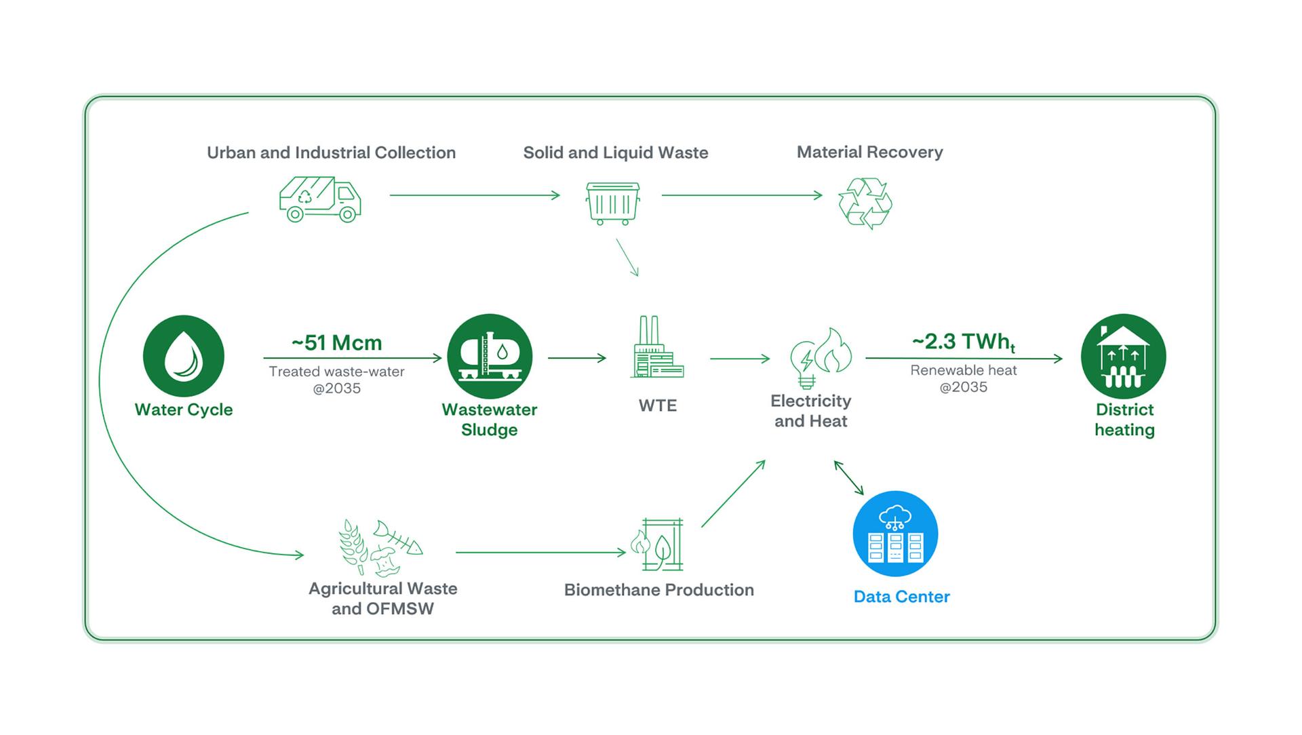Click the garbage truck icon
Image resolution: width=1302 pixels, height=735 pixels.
pos(320,199)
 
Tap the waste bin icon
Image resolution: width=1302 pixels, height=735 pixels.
pos(612,203)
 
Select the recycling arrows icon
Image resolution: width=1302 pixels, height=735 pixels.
pos(865,203)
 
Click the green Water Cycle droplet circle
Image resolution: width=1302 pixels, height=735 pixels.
pos(184,356)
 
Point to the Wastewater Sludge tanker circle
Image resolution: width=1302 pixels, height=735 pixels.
pos(490,356)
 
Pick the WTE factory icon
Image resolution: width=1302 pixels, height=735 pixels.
pos(656,347)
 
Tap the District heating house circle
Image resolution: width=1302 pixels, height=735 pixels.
pos(1123,356)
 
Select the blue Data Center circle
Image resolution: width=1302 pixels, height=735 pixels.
pos(895,534)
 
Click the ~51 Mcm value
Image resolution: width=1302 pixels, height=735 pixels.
pos(337,343)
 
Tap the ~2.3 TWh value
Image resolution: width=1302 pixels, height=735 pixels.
pos(963,342)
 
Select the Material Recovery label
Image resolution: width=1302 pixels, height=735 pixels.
pos(869,152)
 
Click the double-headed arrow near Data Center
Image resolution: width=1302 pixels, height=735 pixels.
pos(849,478)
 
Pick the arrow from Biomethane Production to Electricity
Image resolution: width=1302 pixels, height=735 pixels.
pos(733,494)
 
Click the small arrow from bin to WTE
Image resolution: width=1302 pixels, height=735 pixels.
pos(628,258)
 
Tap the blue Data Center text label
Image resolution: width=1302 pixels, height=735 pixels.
pos(901,597)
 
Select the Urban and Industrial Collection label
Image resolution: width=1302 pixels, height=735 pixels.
pos(331,153)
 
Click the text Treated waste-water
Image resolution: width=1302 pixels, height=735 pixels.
pos(336,372)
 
